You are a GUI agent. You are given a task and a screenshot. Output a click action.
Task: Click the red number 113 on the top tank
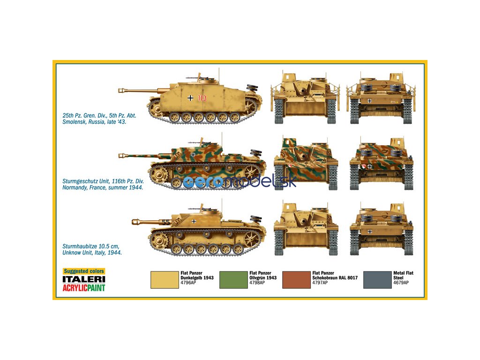pyautogui.click(x=202, y=98)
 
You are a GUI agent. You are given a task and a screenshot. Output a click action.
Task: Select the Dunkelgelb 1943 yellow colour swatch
pyautogui.click(x=164, y=280)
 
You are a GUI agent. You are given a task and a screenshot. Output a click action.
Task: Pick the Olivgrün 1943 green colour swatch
pyautogui.click(x=233, y=280)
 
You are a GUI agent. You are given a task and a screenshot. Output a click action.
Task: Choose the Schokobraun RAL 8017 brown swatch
pyautogui.click(x=296, y=280)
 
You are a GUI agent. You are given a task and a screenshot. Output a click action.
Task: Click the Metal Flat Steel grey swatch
pyautogui.click(x=377, y=280)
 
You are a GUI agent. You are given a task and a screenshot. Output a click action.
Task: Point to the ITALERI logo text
pyautogui.click(x=84, y=279)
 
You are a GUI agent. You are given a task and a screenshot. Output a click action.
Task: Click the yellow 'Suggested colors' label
pyautogui.click(x=84, y=271)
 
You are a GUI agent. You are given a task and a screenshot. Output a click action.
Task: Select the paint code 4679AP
pyautogui.click(x=401, y=283)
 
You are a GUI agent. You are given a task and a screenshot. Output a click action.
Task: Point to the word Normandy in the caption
pyautogui.click(x=75, y=187)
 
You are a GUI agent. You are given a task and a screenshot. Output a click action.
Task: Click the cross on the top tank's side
pyautogui.click(x=190, y=97)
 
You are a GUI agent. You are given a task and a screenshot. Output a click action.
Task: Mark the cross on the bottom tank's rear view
pyautogui.click(x=370, y=232)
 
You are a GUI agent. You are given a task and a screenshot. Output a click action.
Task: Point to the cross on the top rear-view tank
pyautogui.click(x=370, y=100)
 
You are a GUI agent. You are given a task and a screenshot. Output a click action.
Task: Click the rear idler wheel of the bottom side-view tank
pyautogui.click(x=252, y=239)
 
